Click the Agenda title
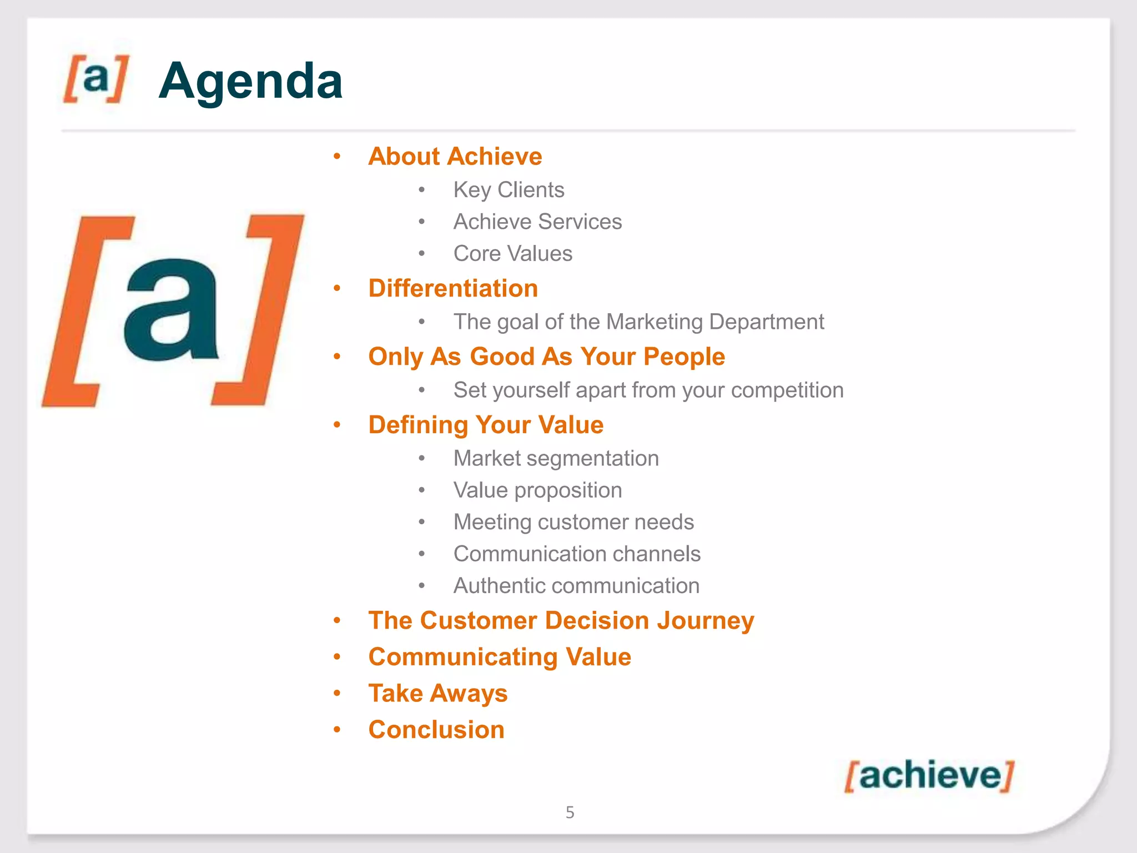[250, 81]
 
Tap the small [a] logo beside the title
[96, 78]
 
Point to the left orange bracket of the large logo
[83, 311]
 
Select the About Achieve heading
[455, 157]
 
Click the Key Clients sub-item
[509, 190]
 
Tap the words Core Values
[512, 254]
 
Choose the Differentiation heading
[453, 288]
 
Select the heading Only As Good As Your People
[546, 357]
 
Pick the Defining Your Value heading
[486, 425]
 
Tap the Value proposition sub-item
[537, 490]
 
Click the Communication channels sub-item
[577, 554]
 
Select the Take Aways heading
[437, 694]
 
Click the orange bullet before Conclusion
[337, 730]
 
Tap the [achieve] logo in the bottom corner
[929, 775]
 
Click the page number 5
[570, 812]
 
